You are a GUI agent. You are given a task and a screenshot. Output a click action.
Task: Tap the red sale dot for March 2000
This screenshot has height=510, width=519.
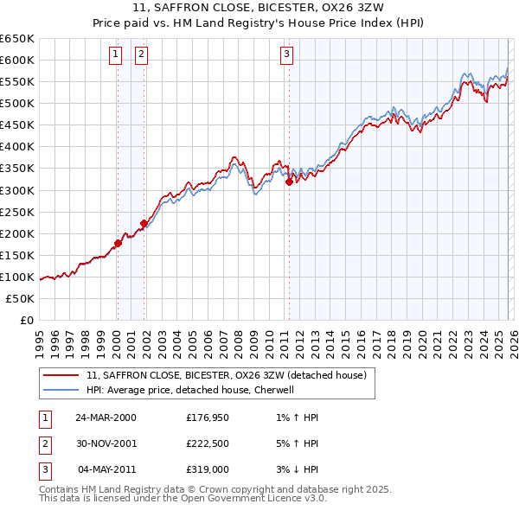tap(119, 243)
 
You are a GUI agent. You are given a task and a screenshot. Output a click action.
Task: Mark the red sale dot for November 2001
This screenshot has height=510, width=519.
tap(144, 223)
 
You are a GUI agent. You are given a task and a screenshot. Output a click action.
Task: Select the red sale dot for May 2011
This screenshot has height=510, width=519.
tap(289, 182)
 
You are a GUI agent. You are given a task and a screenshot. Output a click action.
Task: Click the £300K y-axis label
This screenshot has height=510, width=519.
tap(17, 190)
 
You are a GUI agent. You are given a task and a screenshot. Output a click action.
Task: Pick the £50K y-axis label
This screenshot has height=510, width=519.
tap(21, 298)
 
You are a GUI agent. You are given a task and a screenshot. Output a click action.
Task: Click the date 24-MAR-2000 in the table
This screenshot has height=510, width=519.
tap(106, 418)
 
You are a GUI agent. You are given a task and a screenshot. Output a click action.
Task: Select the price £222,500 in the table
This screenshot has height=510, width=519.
tap(208, 443)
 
